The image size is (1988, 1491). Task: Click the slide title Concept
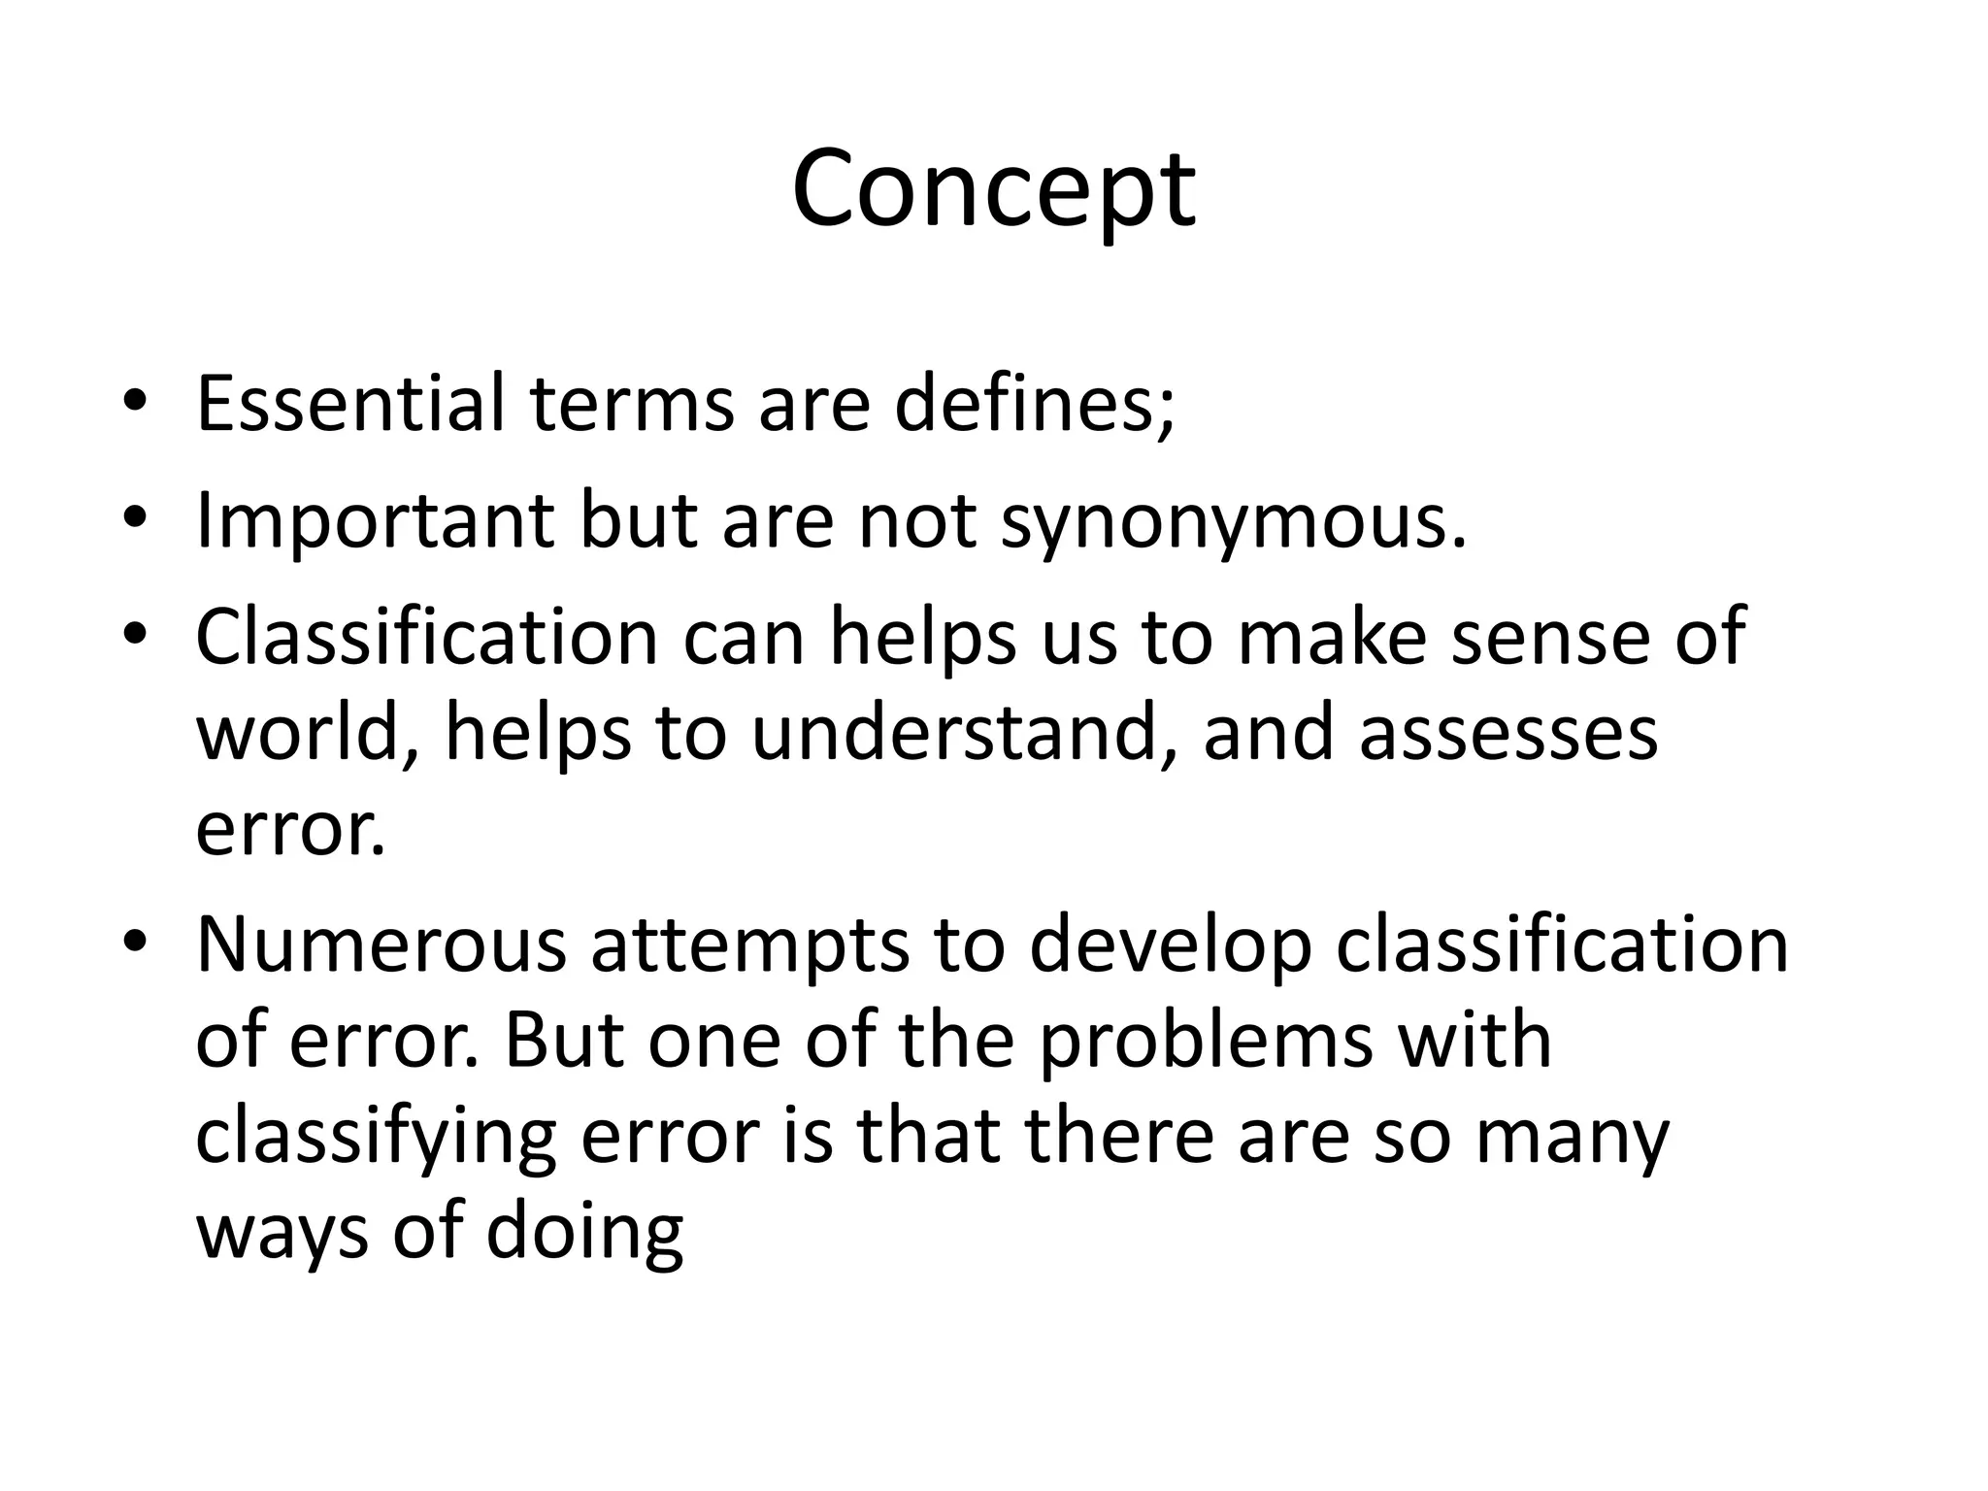(x=993, y=189)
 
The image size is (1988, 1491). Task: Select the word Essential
(x=350, y=403)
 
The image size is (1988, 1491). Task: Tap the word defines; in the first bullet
(x=1034, y=403)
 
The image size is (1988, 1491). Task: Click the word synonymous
(x=1233, y=521)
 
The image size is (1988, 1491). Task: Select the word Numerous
(x=381, y=944)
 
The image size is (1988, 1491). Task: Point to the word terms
(x=632, y=403)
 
